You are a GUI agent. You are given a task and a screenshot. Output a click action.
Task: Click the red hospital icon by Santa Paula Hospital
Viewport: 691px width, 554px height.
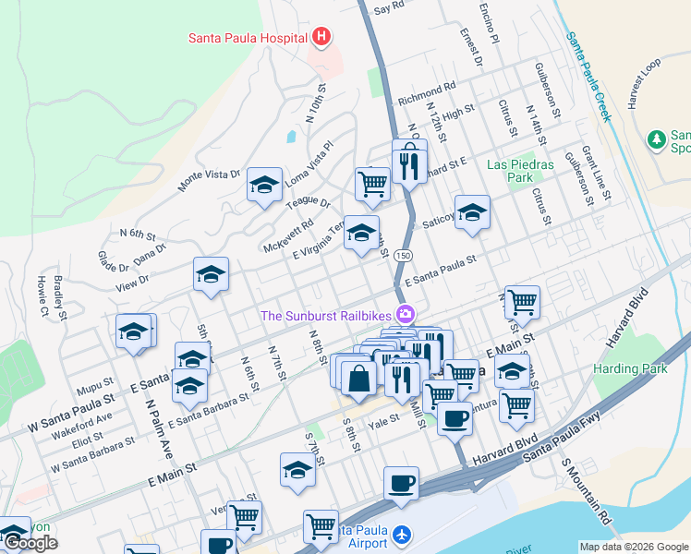[321, 38]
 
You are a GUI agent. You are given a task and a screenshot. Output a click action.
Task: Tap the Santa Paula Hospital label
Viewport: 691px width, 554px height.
[248, 38]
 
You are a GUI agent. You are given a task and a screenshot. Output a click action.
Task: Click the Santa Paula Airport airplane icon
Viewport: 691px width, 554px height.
[400, 536]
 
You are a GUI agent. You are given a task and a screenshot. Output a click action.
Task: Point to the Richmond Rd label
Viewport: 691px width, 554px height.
[427, 95]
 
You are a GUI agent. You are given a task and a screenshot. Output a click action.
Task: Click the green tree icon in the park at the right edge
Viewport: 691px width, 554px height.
[657, 139]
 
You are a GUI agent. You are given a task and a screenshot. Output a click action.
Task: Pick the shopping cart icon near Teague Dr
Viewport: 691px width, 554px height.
[372, 183]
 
